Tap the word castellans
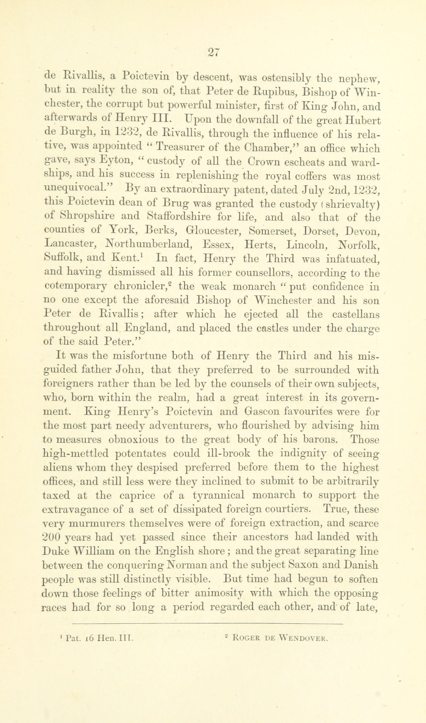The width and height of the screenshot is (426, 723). (x=356, y=314)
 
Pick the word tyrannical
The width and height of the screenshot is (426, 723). (x=219, y=496)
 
